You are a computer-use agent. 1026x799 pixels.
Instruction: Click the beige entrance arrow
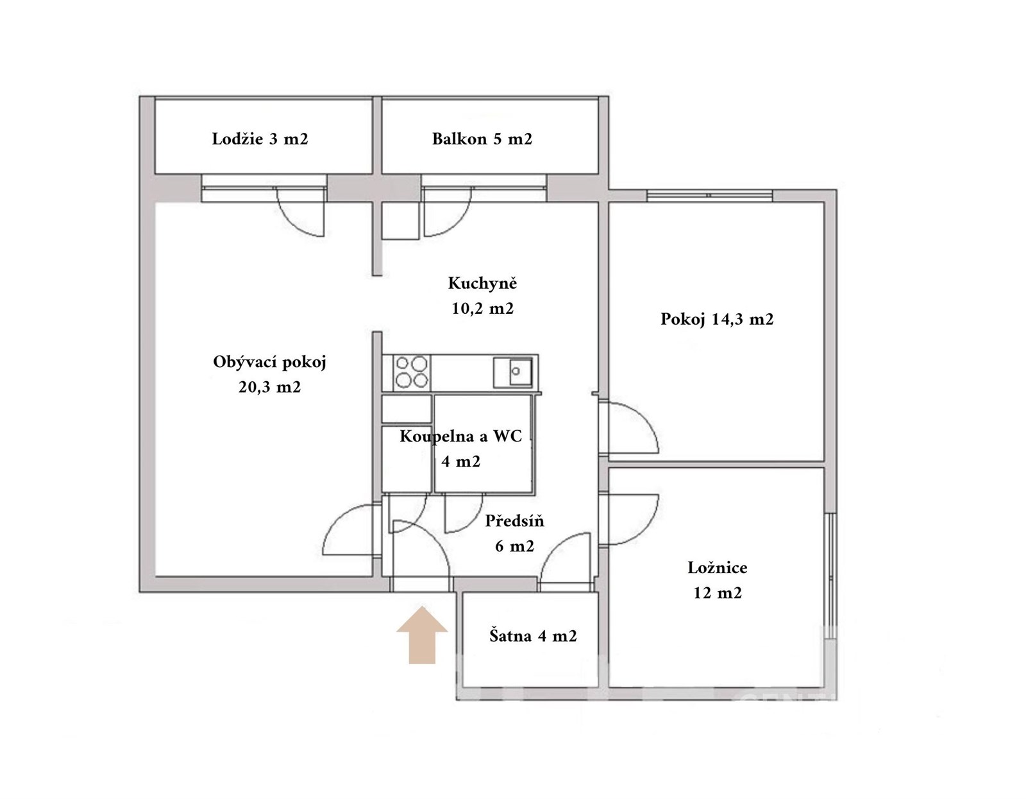(x=421, y=635)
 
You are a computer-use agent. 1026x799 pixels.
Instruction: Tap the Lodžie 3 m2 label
(x=260, y=139)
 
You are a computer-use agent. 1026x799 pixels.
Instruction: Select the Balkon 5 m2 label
(x=482, y=139)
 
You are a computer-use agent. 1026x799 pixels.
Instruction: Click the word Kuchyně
(x=483, y=283)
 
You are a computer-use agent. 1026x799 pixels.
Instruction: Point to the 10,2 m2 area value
(x=483, y=309)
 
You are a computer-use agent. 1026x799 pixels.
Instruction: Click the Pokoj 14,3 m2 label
(x=717, y=320)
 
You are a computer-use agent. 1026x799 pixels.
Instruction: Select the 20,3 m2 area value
(x=269, y=388)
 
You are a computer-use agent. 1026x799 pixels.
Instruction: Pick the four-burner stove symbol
(x=412, y=373)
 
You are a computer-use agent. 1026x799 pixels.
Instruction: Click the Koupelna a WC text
(x=461, y=436)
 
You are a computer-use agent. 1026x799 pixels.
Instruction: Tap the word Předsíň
(x=515, y=521)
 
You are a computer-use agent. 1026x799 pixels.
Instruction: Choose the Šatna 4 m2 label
(x=533, y=636)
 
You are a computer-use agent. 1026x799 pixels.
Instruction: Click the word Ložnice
(x=717, y=567)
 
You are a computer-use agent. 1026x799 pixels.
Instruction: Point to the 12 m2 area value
(x=717, y=593)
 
